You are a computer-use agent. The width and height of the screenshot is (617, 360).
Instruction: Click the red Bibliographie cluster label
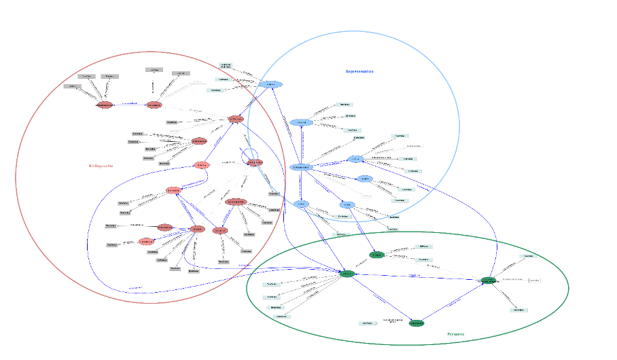pos(101,166)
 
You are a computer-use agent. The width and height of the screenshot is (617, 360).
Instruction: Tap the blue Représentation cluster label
pos(359,71)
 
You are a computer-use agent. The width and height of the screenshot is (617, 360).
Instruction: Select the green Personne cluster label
pos(456,334)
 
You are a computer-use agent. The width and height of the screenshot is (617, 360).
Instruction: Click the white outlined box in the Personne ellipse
pos(534,280)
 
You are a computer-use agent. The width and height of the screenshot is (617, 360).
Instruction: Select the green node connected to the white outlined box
pos(488,280)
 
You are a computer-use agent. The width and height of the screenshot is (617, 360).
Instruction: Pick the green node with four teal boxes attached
pos(347,274)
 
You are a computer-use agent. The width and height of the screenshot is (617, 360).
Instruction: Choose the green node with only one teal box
pos(417,323)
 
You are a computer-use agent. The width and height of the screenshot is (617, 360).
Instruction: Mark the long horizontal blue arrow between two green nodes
pos(415,275)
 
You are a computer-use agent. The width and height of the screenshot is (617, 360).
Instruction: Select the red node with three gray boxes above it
pos(105,105)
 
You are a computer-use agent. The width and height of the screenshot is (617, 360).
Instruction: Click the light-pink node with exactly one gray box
pos(146,241)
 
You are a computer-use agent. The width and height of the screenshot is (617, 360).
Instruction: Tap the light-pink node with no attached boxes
pos(201,165)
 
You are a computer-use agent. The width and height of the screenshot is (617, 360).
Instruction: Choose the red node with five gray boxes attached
pos(198,141)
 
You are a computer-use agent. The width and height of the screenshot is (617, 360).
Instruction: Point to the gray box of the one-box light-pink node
pos(112,245)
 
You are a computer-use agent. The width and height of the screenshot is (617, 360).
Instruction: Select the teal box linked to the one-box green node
pos(367,323)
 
